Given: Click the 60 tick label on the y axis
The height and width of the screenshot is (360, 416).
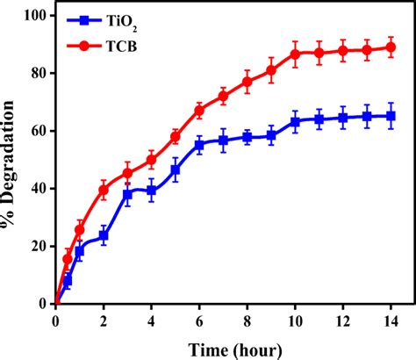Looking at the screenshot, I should (38, 131).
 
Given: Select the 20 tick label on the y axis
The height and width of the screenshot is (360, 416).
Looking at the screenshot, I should (38, 246).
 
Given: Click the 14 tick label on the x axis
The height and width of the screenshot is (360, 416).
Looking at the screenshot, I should (391, 319).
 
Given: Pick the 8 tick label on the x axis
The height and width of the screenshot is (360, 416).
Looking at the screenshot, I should (247, 319).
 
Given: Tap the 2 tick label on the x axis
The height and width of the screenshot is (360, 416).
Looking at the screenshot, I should (104, 319).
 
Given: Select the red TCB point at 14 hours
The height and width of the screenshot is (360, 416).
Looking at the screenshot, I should (391, 48).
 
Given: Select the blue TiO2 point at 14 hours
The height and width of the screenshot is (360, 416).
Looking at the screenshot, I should (391, 116).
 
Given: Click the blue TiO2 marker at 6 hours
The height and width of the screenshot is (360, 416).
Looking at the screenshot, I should (199, 144).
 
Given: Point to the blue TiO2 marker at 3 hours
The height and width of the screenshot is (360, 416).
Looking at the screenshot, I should (127, 194).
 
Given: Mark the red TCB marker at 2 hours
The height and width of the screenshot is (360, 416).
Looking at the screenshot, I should (104, 190).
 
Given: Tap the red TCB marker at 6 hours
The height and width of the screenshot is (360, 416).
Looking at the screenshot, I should (199, 111).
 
